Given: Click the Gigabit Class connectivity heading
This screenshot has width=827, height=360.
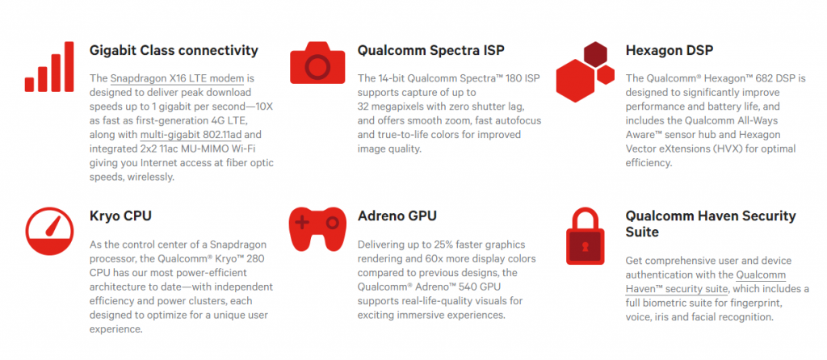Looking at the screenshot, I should click(x=174, y=50).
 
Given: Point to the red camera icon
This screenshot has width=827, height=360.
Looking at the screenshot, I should click(x=316, y=63).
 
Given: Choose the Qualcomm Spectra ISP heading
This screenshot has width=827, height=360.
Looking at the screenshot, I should click(x=430, y=50).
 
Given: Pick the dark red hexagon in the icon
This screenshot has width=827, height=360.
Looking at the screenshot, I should click(x=595, y=53).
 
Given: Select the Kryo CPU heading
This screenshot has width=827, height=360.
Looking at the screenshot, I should click(x=120, y=216).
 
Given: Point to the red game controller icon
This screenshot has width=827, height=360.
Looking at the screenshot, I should click(x=317, y=229).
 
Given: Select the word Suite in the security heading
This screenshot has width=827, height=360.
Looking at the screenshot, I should click(x=644, y=232).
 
